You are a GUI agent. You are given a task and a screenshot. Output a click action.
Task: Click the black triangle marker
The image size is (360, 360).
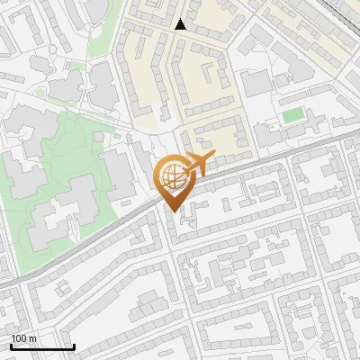click(x=181, y=24)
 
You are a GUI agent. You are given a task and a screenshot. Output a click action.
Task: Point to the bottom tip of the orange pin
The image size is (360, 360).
click(x=171, y=211)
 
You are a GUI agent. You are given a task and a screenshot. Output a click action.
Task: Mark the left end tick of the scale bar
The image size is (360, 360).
click(x=11, y=346)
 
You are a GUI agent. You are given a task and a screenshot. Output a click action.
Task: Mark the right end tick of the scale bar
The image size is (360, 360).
click(x=74, y=346)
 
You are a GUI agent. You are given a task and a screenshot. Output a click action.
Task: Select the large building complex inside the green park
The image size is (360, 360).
click(x=58, y=211)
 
